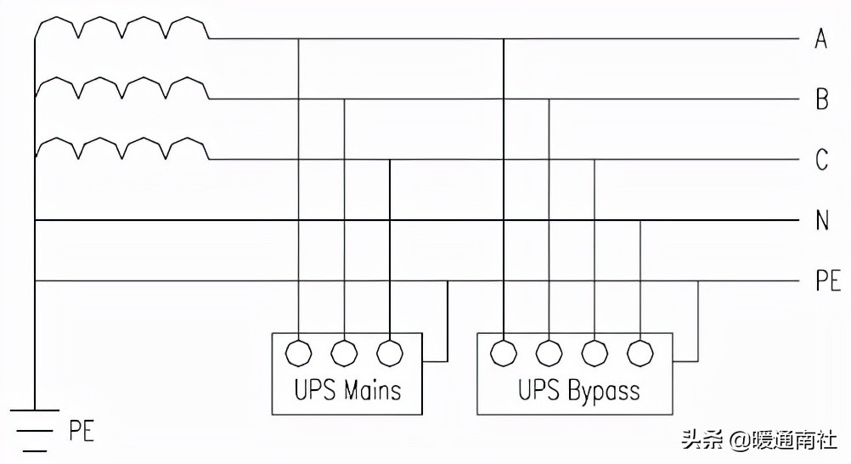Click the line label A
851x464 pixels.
[820, 38]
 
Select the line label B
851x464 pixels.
[821, 99]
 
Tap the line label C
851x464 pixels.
[821, 160]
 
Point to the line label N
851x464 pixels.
[821, 221]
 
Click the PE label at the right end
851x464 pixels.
[827, 281]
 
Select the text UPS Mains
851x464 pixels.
[347, 390]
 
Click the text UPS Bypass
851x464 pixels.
[578, 390]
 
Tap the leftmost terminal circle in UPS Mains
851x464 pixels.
[298, 351]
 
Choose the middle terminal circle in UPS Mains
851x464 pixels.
[344, 351]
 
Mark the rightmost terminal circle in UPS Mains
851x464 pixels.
[389, 351]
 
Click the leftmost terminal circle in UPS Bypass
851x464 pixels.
[504, 351]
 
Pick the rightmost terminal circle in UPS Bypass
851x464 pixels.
[640, 351]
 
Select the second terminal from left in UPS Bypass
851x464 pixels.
[549, 351]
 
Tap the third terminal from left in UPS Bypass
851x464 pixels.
[595, 351]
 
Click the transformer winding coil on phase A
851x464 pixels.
[122, 28]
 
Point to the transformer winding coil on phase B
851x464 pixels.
[122, 88]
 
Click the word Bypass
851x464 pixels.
[602, 391]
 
